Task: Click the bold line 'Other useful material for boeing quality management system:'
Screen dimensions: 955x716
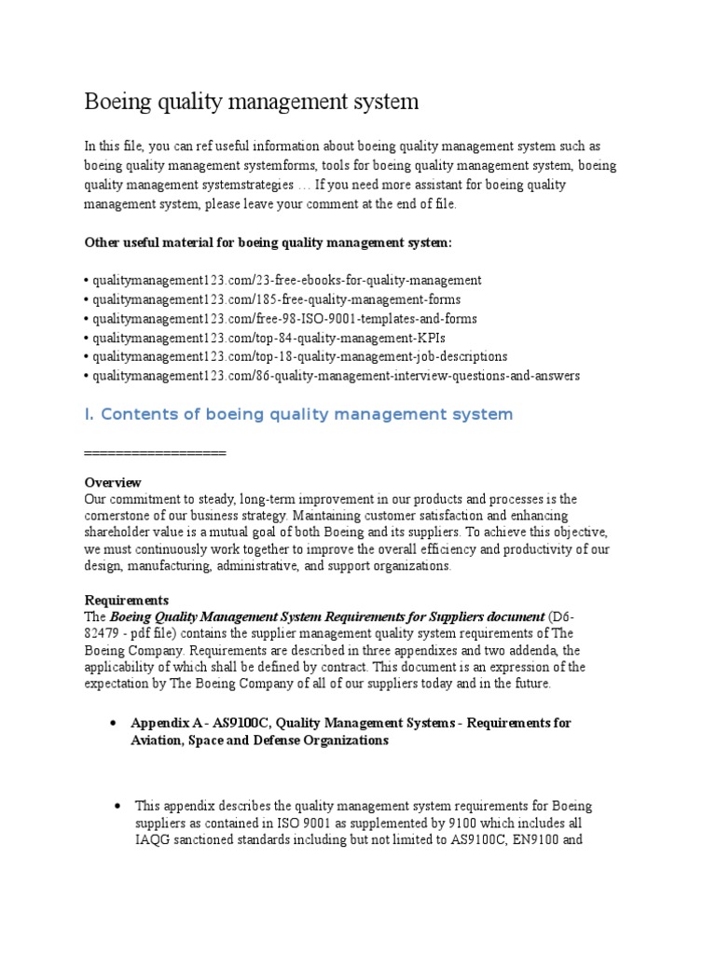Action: click(268, 242)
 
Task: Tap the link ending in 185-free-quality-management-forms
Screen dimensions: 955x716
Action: click(275, 299)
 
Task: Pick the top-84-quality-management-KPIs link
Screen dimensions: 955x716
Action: click(262, 338)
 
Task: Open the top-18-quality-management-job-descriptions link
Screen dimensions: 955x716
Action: click(298, 356)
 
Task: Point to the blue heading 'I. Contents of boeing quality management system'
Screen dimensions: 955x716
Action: click(298, 414)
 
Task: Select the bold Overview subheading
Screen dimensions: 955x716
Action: click(113, 482)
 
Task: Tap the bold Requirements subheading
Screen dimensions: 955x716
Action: click(127, 600)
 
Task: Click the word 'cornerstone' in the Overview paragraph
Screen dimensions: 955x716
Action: click(123, 516)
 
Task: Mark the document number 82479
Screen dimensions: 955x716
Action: click(104, 633)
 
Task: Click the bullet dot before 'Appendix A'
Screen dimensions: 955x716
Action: click(113, 723)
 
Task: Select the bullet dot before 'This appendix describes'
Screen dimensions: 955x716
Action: click(117, 805)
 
